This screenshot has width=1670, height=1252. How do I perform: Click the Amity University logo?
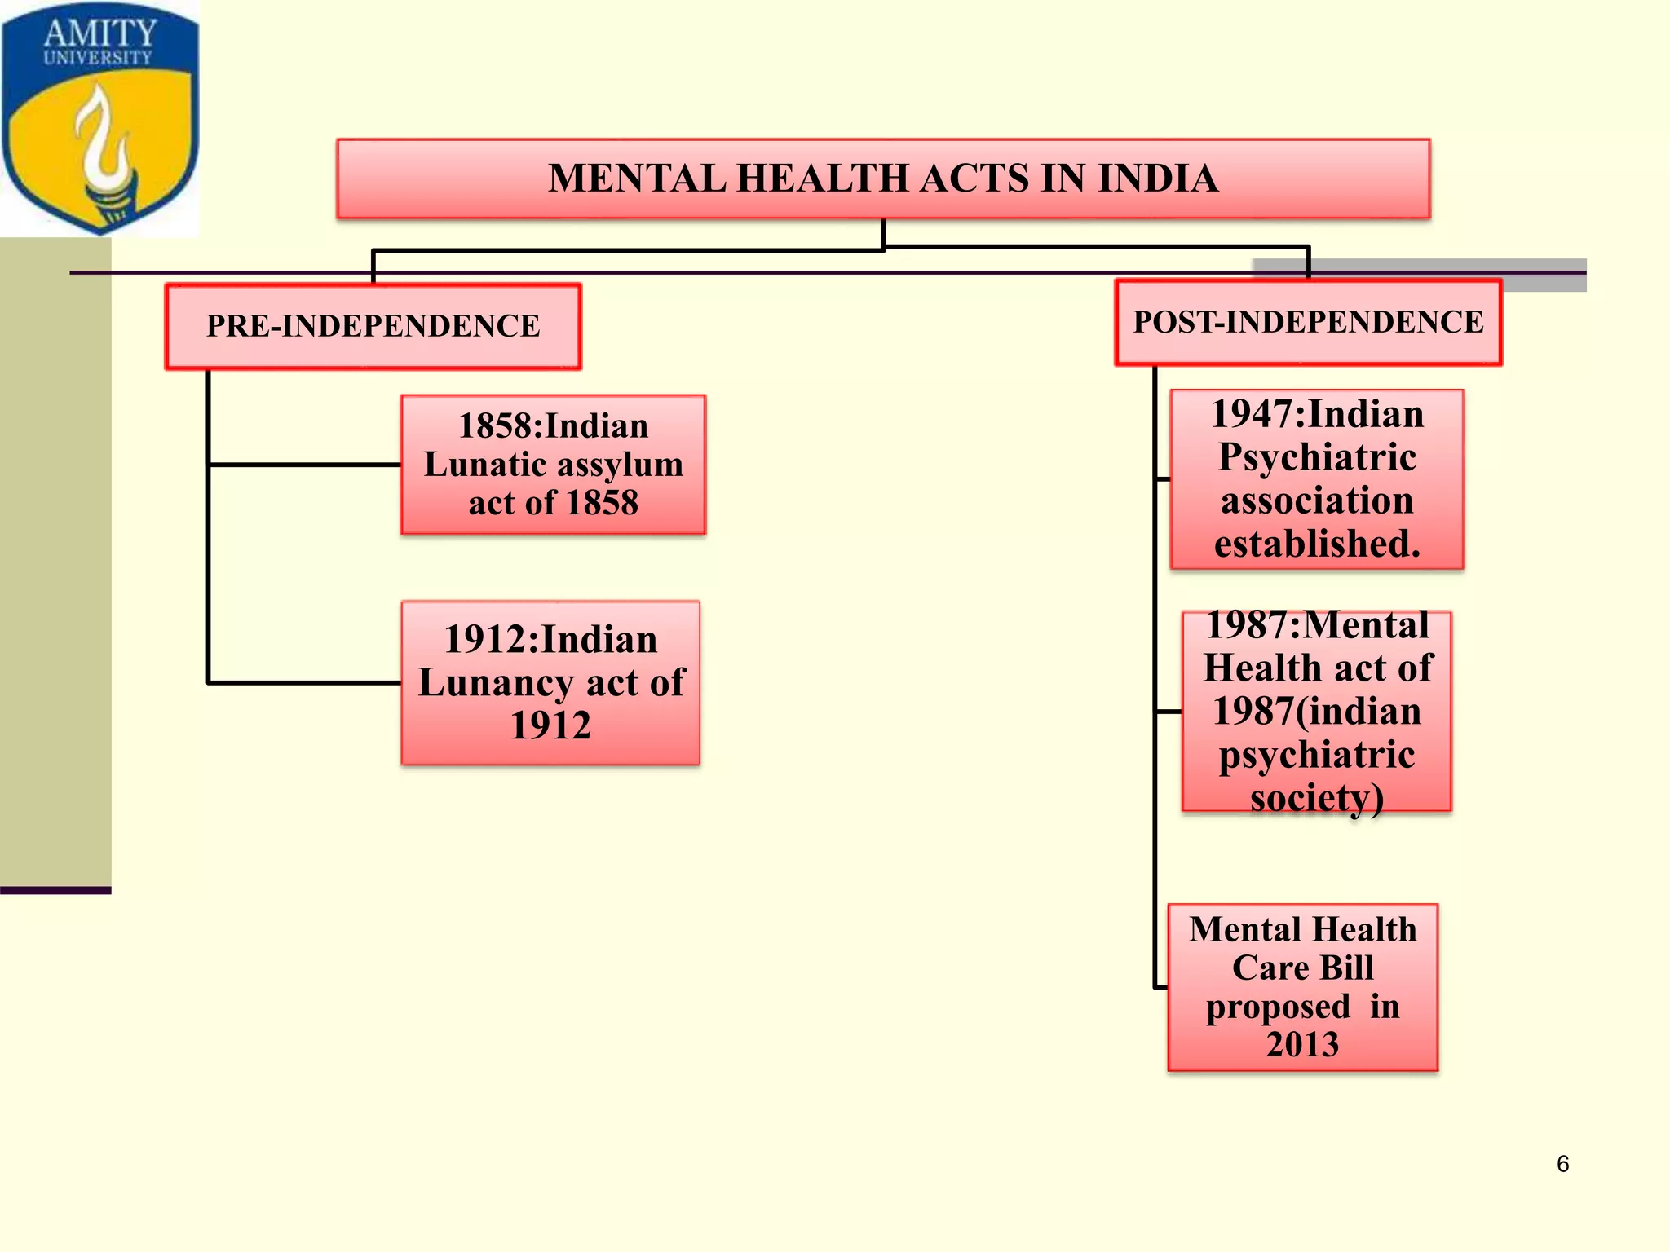click(x=99, y=118)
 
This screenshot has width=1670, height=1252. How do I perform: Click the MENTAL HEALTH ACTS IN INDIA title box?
click(x=883, y=179)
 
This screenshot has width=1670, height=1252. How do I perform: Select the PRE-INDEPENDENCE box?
click(x=373, y=326)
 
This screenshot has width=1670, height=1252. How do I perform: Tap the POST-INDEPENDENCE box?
click(x=1308, y=322)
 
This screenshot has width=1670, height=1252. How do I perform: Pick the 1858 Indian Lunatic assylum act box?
click(x=553, y=465)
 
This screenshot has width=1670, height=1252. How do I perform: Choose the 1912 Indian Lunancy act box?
click(x=550, y=682)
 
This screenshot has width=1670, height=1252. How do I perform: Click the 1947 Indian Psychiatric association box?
click(x=1316, y=479)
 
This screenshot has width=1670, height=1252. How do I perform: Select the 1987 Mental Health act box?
click(x=1316, y=711)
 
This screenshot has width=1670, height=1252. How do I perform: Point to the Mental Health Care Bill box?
click(x=1302, y=987)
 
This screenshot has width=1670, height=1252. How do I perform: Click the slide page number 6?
click(x=1562, y=1164)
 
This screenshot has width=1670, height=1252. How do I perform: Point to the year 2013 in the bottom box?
click(x=1302, y=1044)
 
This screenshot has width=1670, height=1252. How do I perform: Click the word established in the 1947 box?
click(x=1316, y=544)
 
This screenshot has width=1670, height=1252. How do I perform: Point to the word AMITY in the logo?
click(x=99, y=33)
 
